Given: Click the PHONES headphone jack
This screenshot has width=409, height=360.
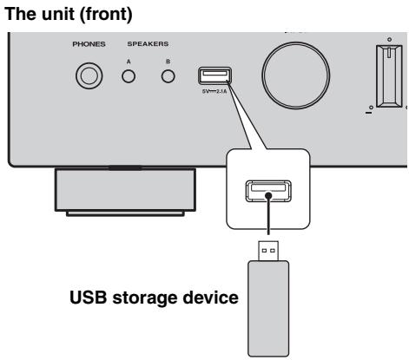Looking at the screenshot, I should click(86, 76).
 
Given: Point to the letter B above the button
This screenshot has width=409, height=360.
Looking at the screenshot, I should click(168, 62).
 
